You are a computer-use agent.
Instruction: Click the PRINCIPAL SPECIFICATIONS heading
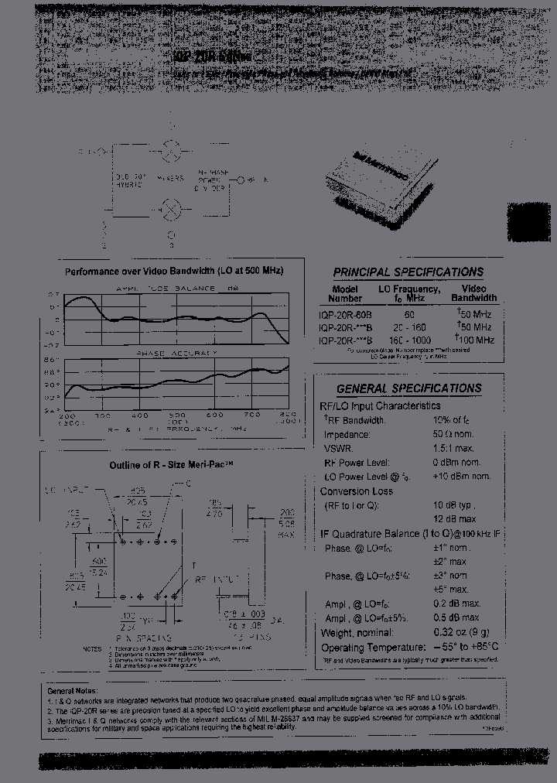tap(408, 272)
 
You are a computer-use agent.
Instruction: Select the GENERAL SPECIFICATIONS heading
tap(408, 389)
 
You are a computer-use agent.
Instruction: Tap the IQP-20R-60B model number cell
tap(345, 316)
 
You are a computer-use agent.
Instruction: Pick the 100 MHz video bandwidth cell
tap(473, 340)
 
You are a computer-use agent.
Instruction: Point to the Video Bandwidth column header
tap(473, 293)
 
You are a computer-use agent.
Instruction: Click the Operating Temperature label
tap(370, 647)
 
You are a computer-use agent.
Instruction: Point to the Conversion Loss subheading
tap(357, 491)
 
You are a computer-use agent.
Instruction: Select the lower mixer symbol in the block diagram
tap(171, 209)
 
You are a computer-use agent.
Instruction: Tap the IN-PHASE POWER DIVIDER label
tap(213, 180)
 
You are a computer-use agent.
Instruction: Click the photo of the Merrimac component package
tap(381, 185)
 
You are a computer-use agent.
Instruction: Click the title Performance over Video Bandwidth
tap(174, 272)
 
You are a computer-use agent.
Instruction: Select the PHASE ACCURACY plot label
tap(176, 354)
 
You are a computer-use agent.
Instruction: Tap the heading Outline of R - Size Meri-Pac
tap(170, 464)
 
